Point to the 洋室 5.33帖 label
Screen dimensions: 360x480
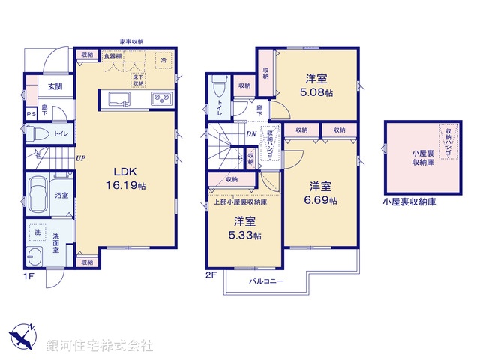click(246, 228)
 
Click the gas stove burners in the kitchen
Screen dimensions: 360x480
click(160, 97)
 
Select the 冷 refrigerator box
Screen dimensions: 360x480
click(163, 59)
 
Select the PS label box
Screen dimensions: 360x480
click(31, 114)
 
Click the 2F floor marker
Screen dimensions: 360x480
click(211, 275)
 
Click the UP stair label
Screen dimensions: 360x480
click(79, 157)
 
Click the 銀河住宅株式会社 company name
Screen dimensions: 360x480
click(99, 346)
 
